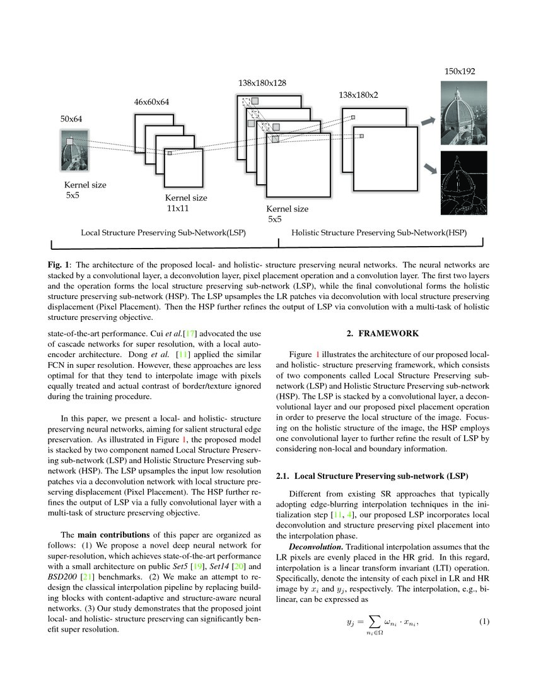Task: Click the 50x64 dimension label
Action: tap(71, 119)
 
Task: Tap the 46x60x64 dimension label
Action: tap(151, 101)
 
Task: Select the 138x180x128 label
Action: tap(262, 83)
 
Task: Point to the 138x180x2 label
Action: tap(358, 95)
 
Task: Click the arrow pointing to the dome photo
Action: tap(428, 120)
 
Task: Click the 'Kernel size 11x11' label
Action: tap(185, 203)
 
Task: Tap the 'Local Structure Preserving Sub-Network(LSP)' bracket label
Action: tap(163, 233)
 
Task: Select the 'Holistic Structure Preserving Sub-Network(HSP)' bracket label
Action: tap(379, 233)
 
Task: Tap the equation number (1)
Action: tap(484, 623)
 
